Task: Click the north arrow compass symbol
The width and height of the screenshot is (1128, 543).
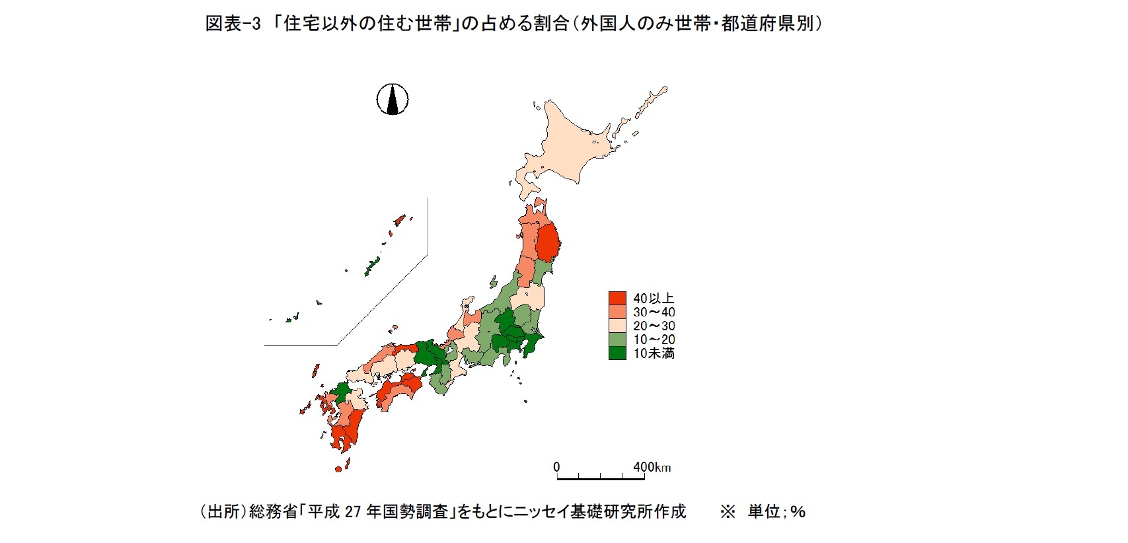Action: pyautogui.click(x=393, y=100)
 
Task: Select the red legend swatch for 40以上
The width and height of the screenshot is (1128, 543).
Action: pyautogui.click(x=617, y=299)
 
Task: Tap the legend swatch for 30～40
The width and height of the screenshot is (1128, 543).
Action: pyautogui.click(x=617, y=312)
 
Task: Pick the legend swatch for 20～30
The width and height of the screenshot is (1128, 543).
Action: pyautogui.click(x=617, y=326)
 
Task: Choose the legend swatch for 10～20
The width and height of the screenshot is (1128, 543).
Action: pyautogui.click(x=617, y=340)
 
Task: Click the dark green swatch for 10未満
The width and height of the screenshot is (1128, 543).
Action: pyautogui.click(x=617, y=353)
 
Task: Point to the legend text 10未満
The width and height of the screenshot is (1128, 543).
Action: pyautogui.click(x=654, y=353)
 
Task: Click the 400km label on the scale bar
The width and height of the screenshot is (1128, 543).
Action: pyautogui.click(x=652, y=467)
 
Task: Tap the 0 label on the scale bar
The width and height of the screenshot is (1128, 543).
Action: pyautogui.click(x=556, y=467)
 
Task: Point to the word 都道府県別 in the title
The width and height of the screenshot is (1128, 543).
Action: pyautogui.click(x=767, y=24)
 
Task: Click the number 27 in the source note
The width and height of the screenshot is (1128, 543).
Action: pyautogui.click(x=352, y=512)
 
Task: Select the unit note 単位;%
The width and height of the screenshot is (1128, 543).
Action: pyautogui.click(x=776, y=512)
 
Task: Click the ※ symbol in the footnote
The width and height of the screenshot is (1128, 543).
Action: pyautogui.click(x=728, y=512)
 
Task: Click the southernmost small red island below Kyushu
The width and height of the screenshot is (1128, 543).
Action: pyautogui.click(x=338, y=469)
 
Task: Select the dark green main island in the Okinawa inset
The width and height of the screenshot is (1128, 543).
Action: pyautogui.click(x=372, y=266)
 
